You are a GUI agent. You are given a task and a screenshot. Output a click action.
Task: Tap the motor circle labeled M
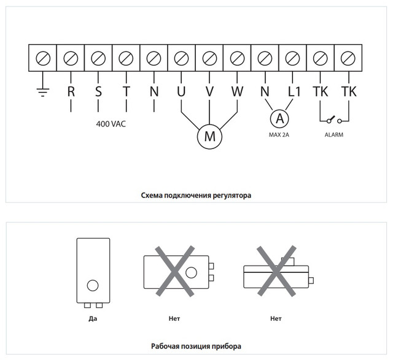tap(209, 137)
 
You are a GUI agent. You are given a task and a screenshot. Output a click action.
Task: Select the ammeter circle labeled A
tap(279, 117)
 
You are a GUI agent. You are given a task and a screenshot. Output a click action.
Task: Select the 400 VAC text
tap(111, 123)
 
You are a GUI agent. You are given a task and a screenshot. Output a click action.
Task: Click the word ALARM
tap(334, 134)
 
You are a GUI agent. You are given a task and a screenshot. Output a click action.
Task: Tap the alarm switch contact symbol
tap(334, 119)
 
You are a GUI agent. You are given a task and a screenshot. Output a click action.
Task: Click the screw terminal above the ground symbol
tap(43, 58)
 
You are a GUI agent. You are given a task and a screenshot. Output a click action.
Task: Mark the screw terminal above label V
tap(209, 58)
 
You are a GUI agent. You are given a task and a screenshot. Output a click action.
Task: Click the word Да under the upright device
tap(93, 319)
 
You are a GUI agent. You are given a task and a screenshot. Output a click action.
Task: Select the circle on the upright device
tap(93, 285)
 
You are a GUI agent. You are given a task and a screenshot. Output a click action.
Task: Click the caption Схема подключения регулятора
tap(196, 195)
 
